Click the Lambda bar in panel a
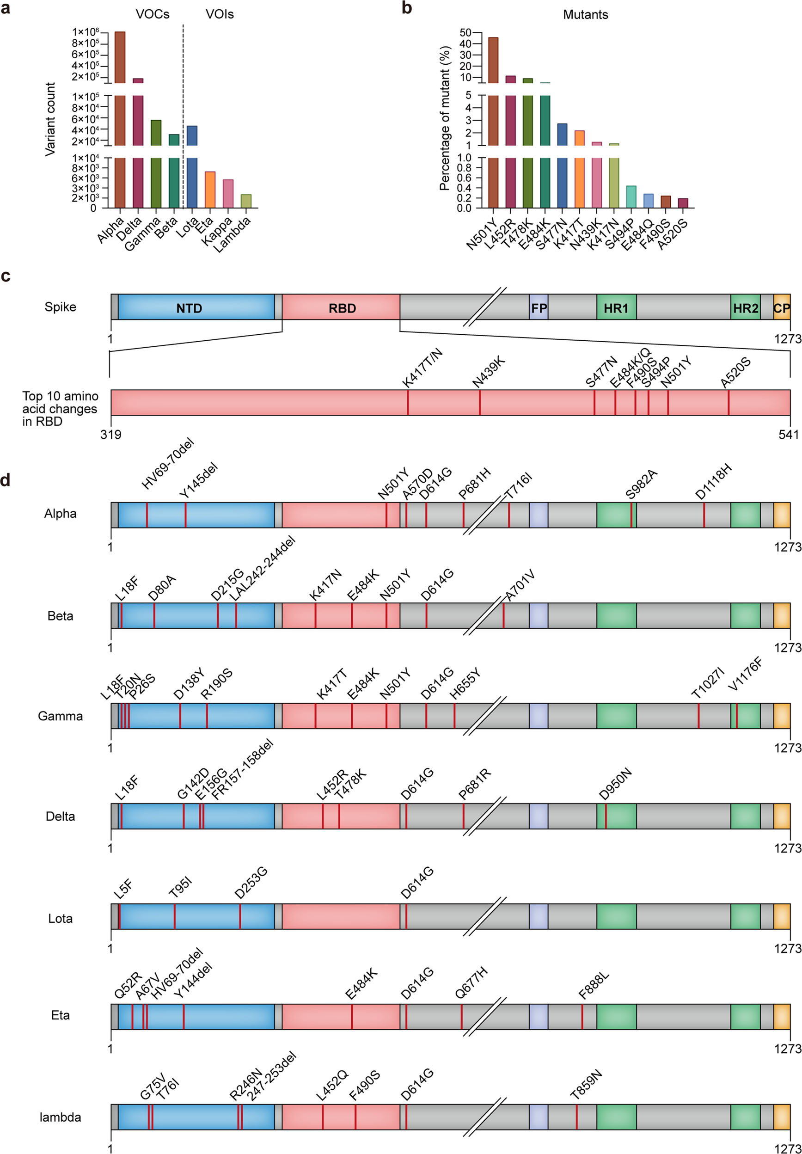tap(246, 201)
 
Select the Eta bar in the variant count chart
tap(210, 190)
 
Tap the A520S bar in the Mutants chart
tap(682, 203)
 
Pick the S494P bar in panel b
tap(631, 196)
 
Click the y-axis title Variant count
tap(50, 119)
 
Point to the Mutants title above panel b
tap(585, 15)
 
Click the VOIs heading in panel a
tap(220, 14)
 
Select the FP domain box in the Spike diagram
tap(539, 307)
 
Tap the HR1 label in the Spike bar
tap(616, 308)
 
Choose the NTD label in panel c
tap(189, 308)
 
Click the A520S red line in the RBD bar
tap(729, 402)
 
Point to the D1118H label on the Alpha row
tap(714, 482)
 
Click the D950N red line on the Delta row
tap(606, 816)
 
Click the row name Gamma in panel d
tap(60, 716)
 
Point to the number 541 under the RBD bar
tap(789, 434)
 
